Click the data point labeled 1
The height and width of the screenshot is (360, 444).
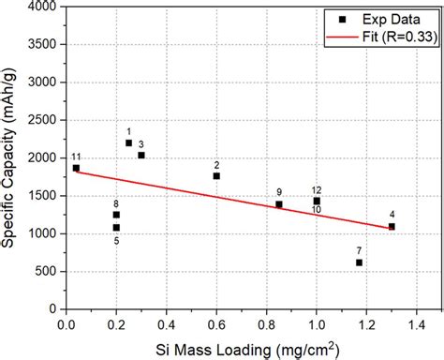click(x=128, y=142)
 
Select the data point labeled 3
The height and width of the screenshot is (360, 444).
click(x=141, y=155)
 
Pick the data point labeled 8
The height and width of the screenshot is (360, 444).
click(x=116, y=215)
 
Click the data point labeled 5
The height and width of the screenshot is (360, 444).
click(x=116, y=228)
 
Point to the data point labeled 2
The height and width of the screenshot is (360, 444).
click(x=216, y=175)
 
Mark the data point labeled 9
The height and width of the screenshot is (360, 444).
click(x=279, y=203)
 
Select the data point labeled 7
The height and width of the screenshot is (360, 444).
click(x=359, y=262)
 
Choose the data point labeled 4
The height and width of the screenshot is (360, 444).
click(x=392, y=226)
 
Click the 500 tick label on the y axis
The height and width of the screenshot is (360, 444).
click(x=48, y=272)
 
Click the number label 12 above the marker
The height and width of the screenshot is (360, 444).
click(x=317, y=190)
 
